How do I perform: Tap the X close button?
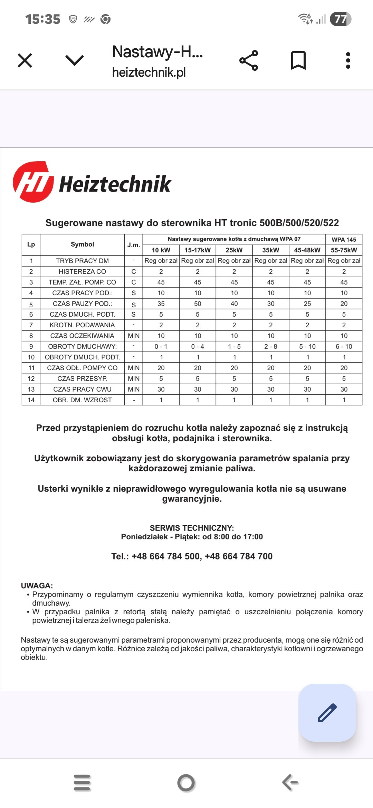[x=25, y=60]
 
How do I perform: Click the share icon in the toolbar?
[x=249, y=60]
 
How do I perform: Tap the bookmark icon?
[x=298, y=60]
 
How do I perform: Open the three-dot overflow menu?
[x=348, y=60]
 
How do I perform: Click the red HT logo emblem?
[x=33, y=182]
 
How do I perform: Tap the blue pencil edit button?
[x=327, y=712]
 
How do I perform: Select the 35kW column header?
[x=271, y=250]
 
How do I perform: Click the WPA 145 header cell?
[x=344, y=239]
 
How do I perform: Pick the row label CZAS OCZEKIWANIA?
[x=82, y=336]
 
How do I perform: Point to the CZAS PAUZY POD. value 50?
[x=198, y=304]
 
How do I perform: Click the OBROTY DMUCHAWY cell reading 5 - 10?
[x=307, y=346]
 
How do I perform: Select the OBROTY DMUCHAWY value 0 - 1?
[x=161, y=346]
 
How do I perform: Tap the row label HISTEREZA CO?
[x=82, y=271]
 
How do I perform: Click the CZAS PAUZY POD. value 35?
[x=161, y=304]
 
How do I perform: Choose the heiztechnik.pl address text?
[x=149, y=72]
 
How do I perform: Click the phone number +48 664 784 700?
[x=239, y=556]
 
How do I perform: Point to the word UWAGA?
[x=37, y=586]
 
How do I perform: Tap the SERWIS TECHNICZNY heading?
[x=192, y=528]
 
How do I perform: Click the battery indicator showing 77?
[x=340, y=19]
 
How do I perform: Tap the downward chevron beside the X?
[x=75, y=60]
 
